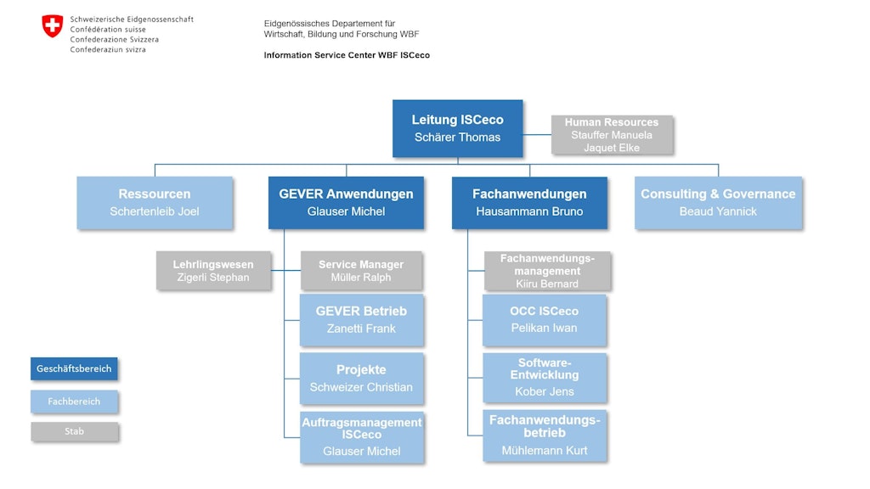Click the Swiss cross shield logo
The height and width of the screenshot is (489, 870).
click(53, 25)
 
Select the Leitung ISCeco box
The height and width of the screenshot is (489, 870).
click(457, 128)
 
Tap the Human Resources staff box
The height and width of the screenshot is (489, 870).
click(612, 135)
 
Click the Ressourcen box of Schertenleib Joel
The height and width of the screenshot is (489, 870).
click(155, 202)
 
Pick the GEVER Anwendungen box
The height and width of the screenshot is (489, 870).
click(346, 202)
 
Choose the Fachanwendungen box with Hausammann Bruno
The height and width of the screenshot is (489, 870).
click(529, 202)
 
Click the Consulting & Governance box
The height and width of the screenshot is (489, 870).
click(718, 202)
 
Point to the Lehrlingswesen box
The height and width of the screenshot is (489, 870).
click(213, 271)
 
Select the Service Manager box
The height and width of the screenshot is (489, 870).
click(361, 271)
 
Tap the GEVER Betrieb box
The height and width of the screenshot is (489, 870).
click(361, 319)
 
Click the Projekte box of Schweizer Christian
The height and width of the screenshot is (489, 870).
click(361, 378)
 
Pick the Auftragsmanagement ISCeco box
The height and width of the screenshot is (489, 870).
click(361, 436)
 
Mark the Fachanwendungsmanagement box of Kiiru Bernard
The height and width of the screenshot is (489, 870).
click(547, 271)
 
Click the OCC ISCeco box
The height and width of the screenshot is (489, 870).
click(544, 319)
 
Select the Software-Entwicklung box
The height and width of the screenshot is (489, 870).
click(544, 378)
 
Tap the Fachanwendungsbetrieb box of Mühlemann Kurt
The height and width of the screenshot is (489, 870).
click(544, 436)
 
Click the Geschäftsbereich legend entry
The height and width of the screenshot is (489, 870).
click(74, 369)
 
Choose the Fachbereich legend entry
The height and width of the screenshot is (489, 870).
click(74, 402)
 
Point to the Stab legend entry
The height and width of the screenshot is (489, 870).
click(74, 431)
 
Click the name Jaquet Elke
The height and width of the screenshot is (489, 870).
click(612, 148)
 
